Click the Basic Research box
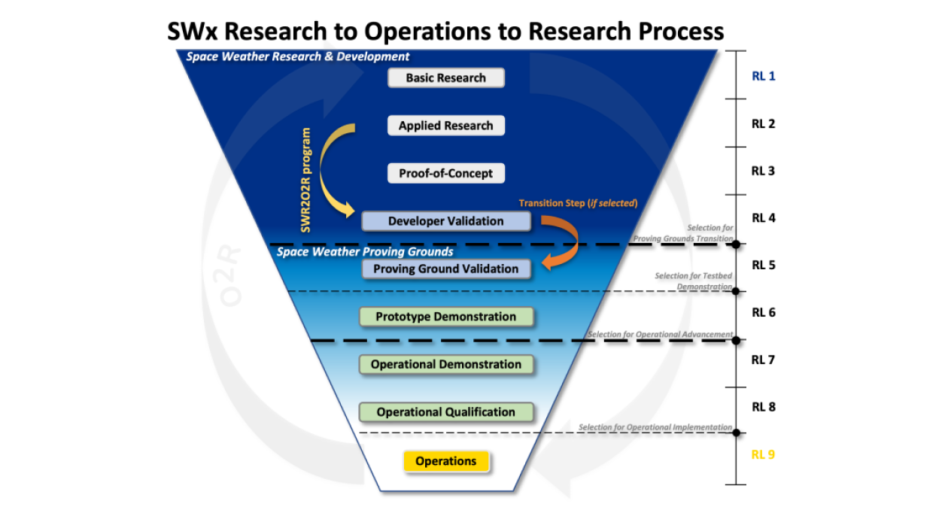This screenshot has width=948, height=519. coord(445,77)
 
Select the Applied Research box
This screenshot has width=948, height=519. coord(445,126)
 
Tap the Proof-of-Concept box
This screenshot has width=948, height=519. coord(445,173)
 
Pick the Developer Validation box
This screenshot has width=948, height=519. coord(445,221)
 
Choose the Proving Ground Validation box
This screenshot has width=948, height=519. coord(445,269)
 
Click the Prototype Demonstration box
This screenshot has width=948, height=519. coord(445,317)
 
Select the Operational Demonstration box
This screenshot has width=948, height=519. coord(445,364)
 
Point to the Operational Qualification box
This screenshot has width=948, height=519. coord(445,412)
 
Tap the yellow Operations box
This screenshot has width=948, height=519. coord(445,461)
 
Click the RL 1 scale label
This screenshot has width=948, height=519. coord(763,76)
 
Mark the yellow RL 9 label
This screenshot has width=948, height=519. coord(763,454)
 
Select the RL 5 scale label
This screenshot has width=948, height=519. coord(763,265)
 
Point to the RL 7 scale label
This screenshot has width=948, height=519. coord(763,360)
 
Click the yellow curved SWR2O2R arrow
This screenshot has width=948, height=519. coord(330,169)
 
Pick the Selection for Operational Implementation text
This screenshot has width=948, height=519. coord(655,427)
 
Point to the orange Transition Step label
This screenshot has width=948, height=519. coord(578,203)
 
